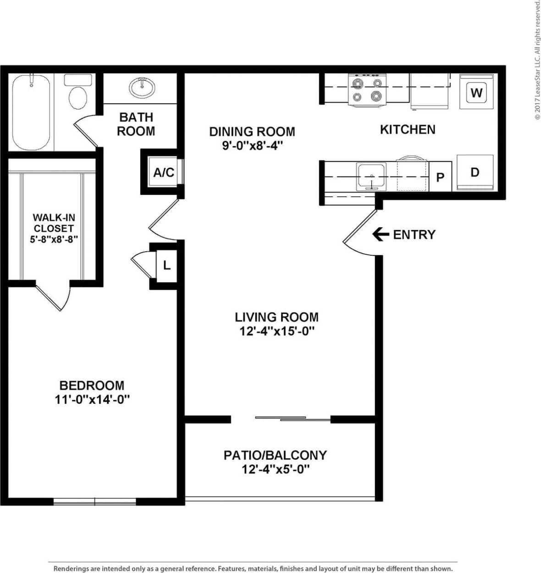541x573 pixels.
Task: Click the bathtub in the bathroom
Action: (x=31, y=112)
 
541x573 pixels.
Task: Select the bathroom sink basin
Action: (x=142, y=87)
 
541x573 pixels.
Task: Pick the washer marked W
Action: (x=476, y=93)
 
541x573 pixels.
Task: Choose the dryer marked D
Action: (x=475, y=172)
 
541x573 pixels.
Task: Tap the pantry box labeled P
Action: (x=440, y=177)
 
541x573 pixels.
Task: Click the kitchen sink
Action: (x=372, y=176)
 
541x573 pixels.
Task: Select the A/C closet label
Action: (x=164, y=172)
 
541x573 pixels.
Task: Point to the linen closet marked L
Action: (x=167, y=265)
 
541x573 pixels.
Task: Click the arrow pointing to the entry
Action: (x=380, y=234)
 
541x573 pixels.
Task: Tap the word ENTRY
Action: (x=414, y=235)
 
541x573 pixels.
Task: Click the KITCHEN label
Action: (x=408, y=129)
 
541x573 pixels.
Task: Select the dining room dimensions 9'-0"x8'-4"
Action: (x=252, y=146)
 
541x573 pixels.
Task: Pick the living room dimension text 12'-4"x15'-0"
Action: (x=276, y=331)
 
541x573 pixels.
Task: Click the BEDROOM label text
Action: (x=92, y=386)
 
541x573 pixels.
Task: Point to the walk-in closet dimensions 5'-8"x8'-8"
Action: (x=54, y=239)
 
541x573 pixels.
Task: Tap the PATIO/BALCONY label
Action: (x=275, y=455)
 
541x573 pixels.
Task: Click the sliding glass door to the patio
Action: (x=293, y=419)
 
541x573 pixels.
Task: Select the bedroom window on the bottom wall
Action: (x=95, y=501)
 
